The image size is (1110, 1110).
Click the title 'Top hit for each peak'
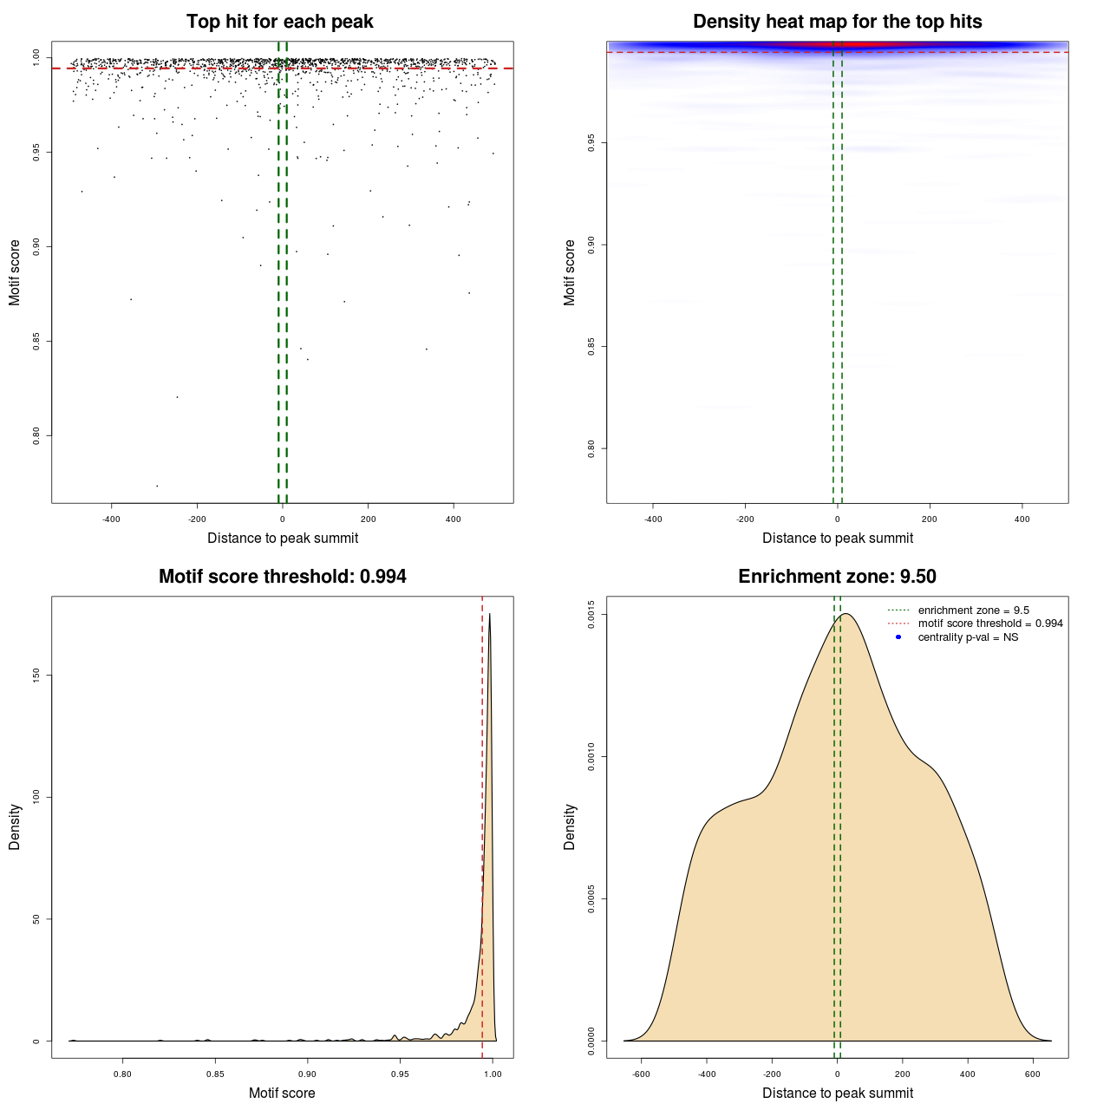tap(279, 22)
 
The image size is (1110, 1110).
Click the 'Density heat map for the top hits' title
tap(837, 22)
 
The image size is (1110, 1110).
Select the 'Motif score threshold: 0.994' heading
tap(282, 577)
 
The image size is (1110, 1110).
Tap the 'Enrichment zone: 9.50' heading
tap(837, 577)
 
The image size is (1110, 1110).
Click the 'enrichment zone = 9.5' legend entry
tap(973, 610)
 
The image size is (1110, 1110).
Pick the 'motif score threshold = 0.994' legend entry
tap(989, 624)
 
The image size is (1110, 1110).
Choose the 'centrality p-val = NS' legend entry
tap(968, 637)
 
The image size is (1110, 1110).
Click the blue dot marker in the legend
tap(898, 637)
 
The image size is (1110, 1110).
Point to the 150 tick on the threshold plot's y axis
tap(36, 675)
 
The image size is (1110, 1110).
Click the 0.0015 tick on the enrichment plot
tap(591, 615)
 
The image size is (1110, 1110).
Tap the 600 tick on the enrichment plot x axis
tap(1033, 1074)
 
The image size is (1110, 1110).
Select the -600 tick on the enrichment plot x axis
tap(641, 1074)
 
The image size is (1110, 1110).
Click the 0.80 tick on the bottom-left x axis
tap(122, 1074)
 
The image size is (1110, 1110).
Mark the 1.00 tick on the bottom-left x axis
tap(492, 1074)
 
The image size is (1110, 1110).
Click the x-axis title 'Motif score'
tap(282, 1093)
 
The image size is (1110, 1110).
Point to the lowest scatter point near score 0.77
tap(157, 486)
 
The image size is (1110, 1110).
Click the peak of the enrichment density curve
tap(846, 614)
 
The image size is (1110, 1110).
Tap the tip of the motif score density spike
tap(490, 614)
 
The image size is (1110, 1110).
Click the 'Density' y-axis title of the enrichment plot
tap(570, 826)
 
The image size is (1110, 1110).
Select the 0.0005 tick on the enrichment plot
tap(591, 898)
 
